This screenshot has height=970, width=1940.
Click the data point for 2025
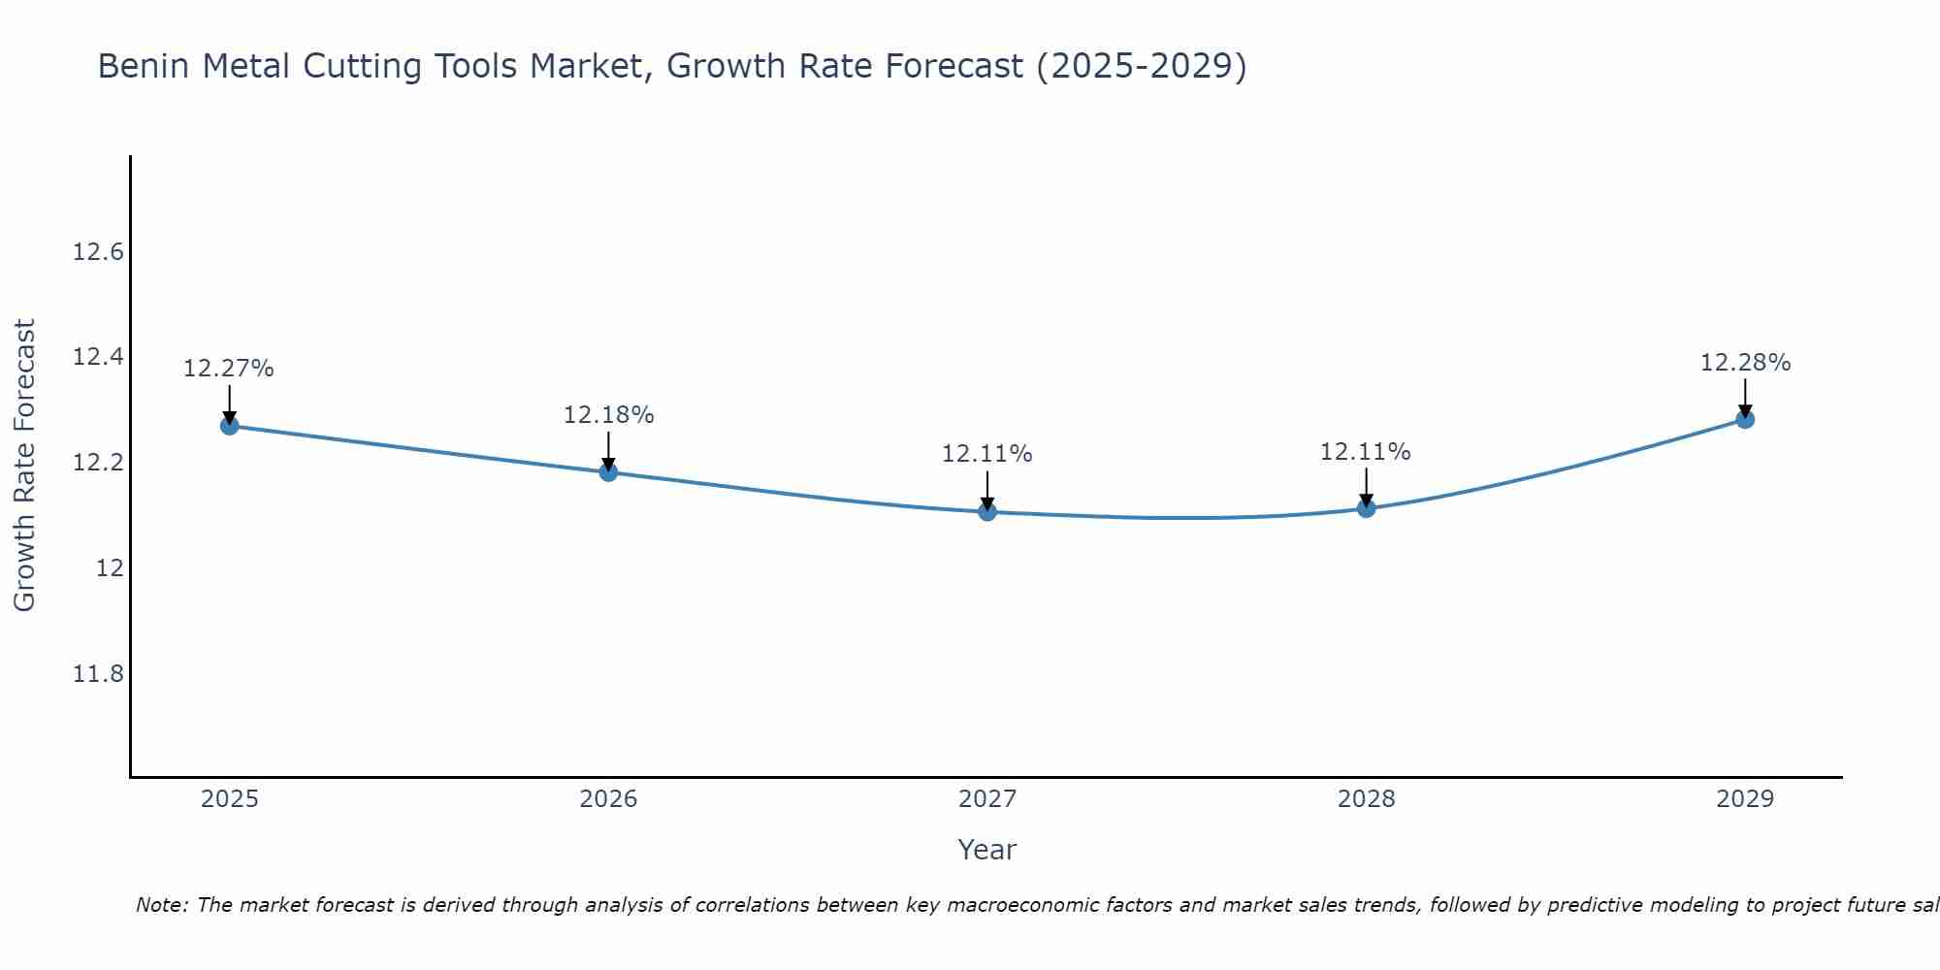tap(230, 426)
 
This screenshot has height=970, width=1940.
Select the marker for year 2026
tap(608, 472)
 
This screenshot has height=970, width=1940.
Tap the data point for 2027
tap(987, 511)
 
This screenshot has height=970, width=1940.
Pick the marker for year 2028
tap(1366, 508)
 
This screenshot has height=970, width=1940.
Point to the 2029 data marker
tap(1745, 419)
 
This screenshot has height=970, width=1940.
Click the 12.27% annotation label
tap(229, 369)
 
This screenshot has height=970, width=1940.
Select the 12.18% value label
tap(608, 415)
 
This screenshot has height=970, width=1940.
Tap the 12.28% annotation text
tap(1745, 363)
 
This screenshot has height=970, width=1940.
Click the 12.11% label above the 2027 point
tap(987, 454)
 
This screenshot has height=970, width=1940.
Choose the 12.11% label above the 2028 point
tap(1366, 452)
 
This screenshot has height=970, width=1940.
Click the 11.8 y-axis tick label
tap(99, 673)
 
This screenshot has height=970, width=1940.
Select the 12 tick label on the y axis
tap(110, 568)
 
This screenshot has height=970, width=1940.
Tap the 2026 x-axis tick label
tap(608, 799)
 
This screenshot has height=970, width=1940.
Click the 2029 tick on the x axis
tap(1745, 799)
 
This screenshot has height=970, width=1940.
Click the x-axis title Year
tap(987, 850)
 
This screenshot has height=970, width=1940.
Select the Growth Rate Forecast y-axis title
tap(25, 466)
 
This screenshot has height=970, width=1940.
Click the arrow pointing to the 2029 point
tap(1745, 397)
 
